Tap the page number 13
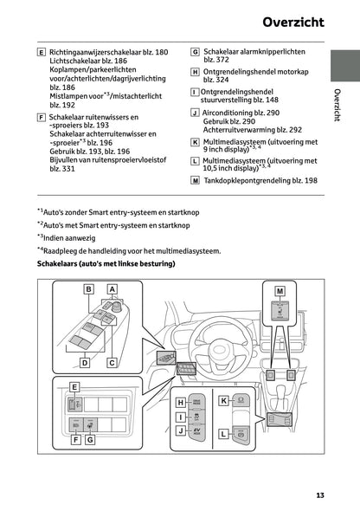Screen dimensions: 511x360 point(320,495)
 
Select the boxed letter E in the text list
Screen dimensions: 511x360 point(42,53)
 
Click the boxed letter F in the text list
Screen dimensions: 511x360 point(42,115)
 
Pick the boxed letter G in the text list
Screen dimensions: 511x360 point(195,53)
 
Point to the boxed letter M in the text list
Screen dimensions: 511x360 point(195,180)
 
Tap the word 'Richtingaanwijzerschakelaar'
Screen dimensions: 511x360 point(98,53)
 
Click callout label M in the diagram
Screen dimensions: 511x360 point(280,292)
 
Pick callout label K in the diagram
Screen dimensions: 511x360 point(222,400)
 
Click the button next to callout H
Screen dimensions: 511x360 point(198,403)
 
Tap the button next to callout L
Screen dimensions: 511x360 point(243,432)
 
